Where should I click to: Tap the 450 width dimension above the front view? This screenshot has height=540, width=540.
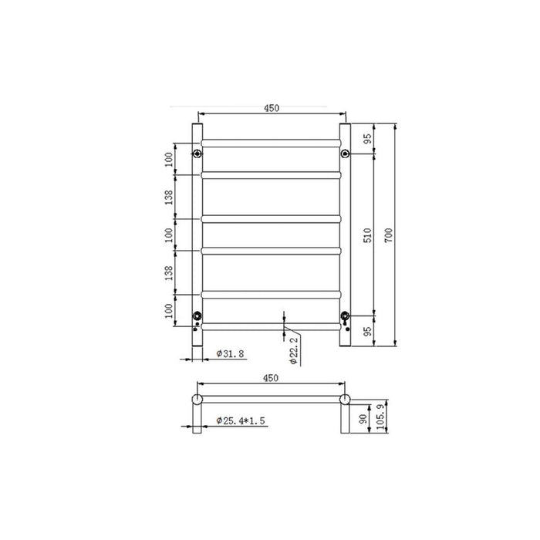pyautogui.click(x=271, y=109)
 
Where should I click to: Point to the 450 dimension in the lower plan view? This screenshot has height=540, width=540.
pyautogui.click(x=271, y=378)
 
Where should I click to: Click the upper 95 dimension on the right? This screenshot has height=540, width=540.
pyautogui.click(x=369, y=139)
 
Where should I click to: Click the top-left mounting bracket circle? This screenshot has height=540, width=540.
pyautogui.click(x=197, y=154)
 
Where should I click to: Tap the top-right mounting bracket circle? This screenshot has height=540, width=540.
pyautogui.click(x=344, y=154)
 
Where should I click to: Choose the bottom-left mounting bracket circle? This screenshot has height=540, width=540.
pyautogui.click(x=197, y=316)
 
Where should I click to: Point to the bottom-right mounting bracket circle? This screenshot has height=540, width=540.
pyautogui.click(x=344, y=316)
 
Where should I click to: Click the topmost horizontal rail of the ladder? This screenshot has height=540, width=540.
pyautogui.click(x=271, y=142)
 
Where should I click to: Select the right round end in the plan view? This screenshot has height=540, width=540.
pyautogui.click(x=344, y=399)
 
